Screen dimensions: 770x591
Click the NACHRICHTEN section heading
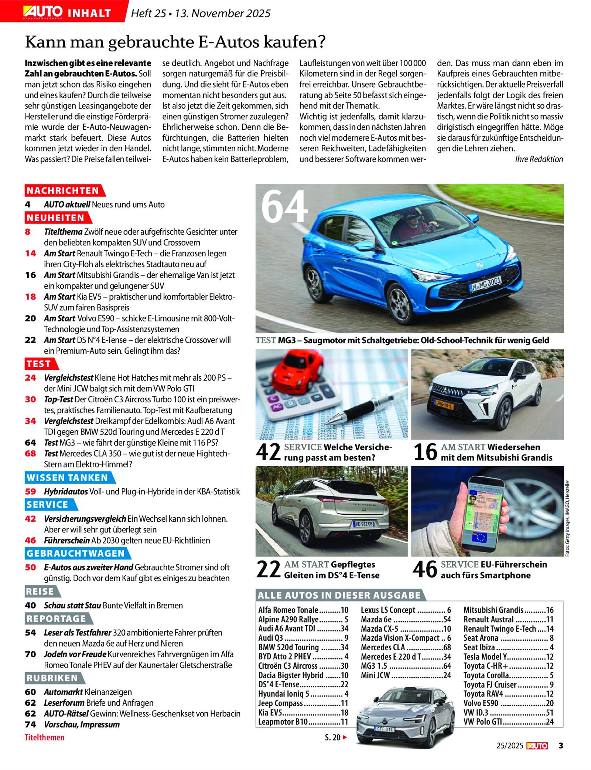pyautogui.click(x=63, y=191)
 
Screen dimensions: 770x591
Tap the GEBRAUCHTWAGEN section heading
pyautogui.click(x=76, y=553)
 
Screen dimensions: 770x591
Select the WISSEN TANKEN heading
pyautogui.click(x=67, y=478)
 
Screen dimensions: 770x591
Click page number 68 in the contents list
pyautogui.click(x=30, y=453)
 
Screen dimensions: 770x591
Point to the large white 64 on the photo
pyautogui.click(x=284, y=207)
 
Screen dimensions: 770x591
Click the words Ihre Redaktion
pyautogui.click(x=539, y=159)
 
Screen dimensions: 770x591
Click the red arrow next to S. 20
pyautogui.click(x=345, y=737)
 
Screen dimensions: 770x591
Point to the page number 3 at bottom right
pyautogui.click(x=561, y=746)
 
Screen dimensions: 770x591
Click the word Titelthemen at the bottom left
pyautogui.click(x=44, y=737)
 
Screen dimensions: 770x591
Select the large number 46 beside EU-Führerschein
pyautogui.click(x=425, y=570)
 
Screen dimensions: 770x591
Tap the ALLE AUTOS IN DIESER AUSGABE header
pyautogui.click(x=339, y=595)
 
